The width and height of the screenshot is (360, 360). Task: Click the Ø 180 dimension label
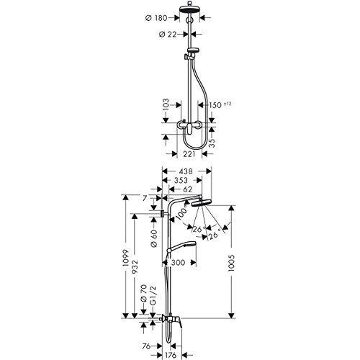coord(156,18)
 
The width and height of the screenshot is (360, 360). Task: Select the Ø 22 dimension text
coord(168,35)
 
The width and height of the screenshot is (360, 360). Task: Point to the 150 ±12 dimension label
coord(220,105)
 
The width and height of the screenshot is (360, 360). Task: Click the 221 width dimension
coord(189,154)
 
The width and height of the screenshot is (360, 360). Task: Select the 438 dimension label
coord(186,171)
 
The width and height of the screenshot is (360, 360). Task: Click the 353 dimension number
coord(181,180)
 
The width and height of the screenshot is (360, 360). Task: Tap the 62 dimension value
coord(187,189)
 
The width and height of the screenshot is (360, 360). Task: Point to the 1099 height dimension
coord(126,258)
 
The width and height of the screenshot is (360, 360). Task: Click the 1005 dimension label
coord(232,263)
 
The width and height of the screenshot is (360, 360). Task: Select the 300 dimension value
coord(178,263)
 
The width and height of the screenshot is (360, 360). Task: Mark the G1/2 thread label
coord(153,296)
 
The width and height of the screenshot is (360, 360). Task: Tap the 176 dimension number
coord(170,354)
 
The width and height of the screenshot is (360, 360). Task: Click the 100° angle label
coord(182,212)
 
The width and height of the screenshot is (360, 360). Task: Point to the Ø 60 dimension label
coord(155,238)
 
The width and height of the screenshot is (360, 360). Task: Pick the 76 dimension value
coord(146,346)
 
